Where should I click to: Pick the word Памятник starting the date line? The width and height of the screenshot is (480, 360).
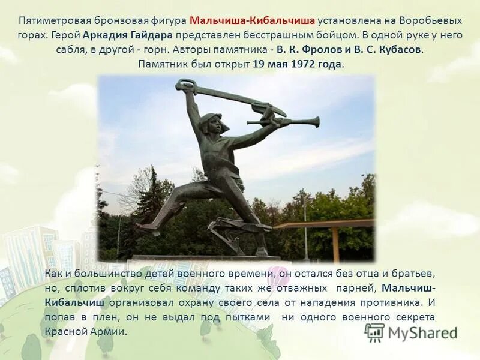(164, 64)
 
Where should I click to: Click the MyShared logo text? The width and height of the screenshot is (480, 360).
(422, 332)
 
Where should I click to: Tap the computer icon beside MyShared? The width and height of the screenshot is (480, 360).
(374, 332)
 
